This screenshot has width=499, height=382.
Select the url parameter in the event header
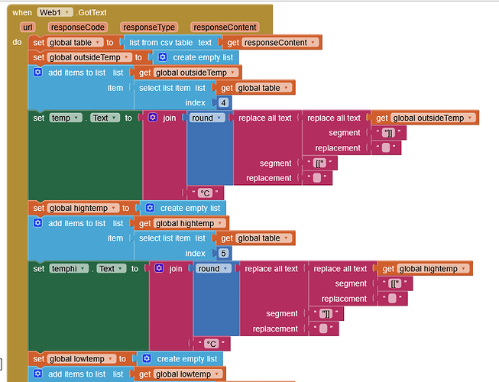pyautogui.click(x=28, y=27)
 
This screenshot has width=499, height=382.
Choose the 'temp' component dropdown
pyautogui.click(x=63, y=118)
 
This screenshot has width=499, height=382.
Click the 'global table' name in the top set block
pyautogui.click(x=73, y=43)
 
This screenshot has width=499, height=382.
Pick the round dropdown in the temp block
pyautogui.click(x=207, y=118)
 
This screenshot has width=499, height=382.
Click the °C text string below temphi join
pyautogui.click(x=212, y=344)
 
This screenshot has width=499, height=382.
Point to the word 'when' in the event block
pyautogui.click(x=21, y=11)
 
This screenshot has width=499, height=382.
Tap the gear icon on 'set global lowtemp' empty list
pyautogui.click(x=145, y=359)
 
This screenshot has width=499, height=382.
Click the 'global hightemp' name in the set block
pyautogui.click(x=83, y=208)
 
